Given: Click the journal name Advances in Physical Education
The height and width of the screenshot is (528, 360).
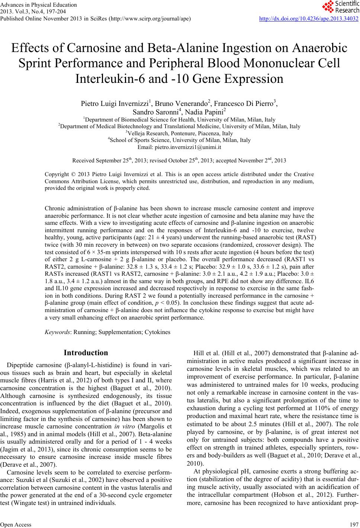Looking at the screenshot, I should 38,5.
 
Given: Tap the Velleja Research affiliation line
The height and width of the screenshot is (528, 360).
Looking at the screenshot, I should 180,133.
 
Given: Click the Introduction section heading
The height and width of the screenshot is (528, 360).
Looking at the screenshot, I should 86,353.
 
